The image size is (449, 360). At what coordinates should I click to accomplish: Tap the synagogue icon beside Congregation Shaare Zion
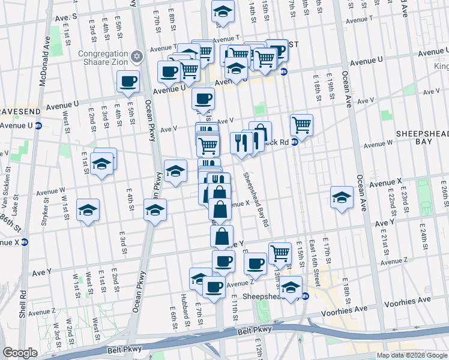coord(136,57)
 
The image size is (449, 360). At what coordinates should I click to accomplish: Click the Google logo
coord(20,353)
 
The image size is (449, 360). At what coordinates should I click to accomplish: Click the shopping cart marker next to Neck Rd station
coord(301,125)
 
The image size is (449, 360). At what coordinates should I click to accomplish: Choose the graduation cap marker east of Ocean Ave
coord(342,197)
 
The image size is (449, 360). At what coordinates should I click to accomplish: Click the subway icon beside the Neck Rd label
coord(295,142)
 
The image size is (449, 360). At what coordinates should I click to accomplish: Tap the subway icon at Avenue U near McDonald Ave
coord(38,125)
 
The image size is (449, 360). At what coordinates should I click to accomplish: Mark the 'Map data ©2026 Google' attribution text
coord(412,355)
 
